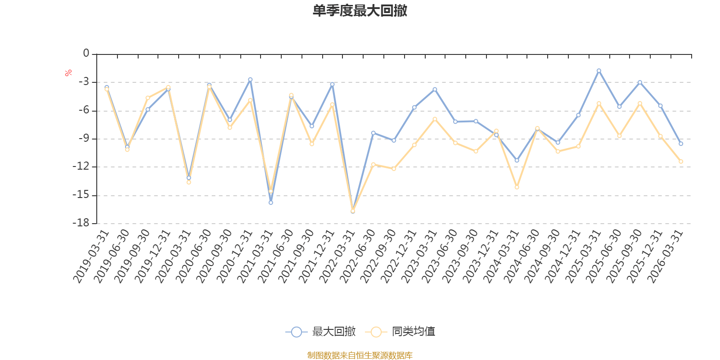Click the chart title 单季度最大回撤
point(360,11)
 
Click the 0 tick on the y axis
point(86,54)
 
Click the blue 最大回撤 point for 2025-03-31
point(598,71)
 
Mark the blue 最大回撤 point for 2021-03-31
point(270,202)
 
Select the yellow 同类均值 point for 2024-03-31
point(517,187)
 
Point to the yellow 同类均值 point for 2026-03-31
point(681,162)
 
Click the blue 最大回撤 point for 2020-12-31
point(250,80)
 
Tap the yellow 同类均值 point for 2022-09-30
point(394,169)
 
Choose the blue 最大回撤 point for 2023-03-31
point(435,89)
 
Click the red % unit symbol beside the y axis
point(68,73)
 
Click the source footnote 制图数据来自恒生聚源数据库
point(360,355)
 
